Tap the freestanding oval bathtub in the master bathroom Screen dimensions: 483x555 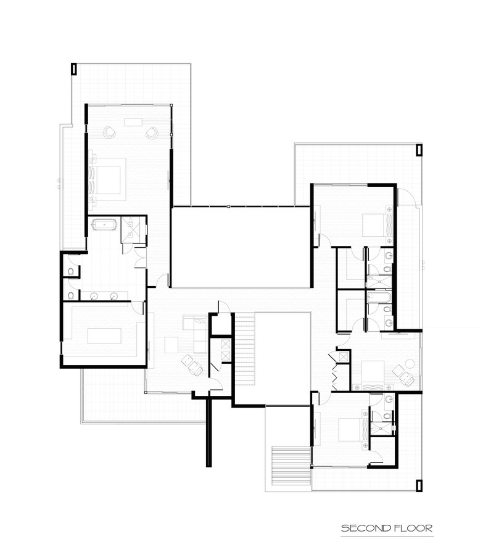pos(104,224)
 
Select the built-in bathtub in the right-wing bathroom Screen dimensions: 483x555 pos(379,297)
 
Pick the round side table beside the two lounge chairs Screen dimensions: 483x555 pos(410,363)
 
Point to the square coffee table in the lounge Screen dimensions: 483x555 pos(171,345)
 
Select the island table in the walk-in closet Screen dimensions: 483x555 pos(104,336)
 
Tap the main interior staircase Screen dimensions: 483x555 pos(245,350)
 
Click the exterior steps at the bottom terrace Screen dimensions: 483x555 pos(291,466)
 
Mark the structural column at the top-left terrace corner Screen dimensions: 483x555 pos(73,69)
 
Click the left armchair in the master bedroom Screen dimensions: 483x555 pos(109,133)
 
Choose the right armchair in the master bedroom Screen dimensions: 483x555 pos(152,133)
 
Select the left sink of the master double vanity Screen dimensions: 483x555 pos(94,296)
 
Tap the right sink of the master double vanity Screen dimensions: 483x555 pos(114,296)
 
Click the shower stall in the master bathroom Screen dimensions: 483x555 pos(133,230)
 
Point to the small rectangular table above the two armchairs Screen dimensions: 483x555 pos(133,122)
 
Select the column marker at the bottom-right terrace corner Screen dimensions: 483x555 pos(419,486)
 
